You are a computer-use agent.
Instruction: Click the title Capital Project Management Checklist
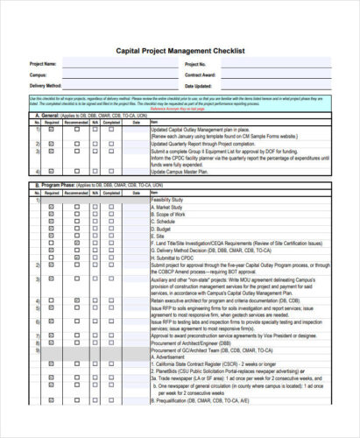[x=180, y=51]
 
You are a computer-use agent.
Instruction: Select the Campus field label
[x=38, y=75]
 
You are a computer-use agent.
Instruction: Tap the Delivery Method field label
[x=46, y=86]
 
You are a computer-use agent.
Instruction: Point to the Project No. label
[x=194, y=65]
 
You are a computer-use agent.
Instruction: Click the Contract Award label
[x=200, y=75]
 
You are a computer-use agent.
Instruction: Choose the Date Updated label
[x=198, y=86]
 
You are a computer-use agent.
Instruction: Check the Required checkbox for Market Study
[x=52, y=207]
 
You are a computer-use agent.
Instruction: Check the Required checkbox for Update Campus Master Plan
[x=52, y=172]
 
